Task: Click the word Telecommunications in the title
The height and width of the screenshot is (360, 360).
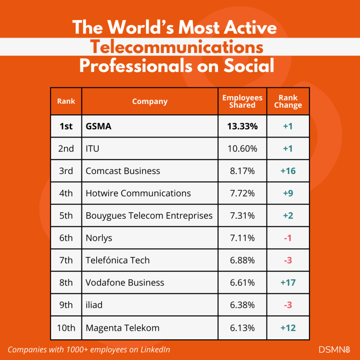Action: (x=176, y=47)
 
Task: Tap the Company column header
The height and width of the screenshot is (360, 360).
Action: (x=150, y=102)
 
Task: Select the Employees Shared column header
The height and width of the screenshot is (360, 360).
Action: (x=242, y=101)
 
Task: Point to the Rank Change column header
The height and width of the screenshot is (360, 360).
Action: (x=288, y=101)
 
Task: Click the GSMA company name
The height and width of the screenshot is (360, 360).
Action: (x=98, y=126)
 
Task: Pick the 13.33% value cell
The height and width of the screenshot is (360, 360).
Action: (x=242, y=126)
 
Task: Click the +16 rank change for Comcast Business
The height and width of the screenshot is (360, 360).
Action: (x=288, y=171)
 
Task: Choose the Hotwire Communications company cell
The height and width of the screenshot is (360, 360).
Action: (x=138, y=193)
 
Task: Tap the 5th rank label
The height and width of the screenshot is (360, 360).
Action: (x=66, y=216)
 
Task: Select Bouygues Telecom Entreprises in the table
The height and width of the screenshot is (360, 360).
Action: (x=149, y=216)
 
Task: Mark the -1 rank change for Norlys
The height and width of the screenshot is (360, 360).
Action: (x=288, y=238)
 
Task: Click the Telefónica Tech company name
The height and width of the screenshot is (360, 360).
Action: (x=118, y=261)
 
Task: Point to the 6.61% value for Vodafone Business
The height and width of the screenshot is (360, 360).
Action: (x=242, y=283)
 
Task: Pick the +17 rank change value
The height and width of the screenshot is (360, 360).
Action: (x=288, y=283)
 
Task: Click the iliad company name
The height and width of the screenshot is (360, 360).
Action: (x=94, y=305)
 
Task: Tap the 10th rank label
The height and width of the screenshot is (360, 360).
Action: (x=66, y=328)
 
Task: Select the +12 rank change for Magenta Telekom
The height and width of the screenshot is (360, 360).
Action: (x=288, y=328)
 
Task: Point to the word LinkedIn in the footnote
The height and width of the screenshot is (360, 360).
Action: (x=155, y=350)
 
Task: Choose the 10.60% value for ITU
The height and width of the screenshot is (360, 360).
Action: (x=242, y=149)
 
